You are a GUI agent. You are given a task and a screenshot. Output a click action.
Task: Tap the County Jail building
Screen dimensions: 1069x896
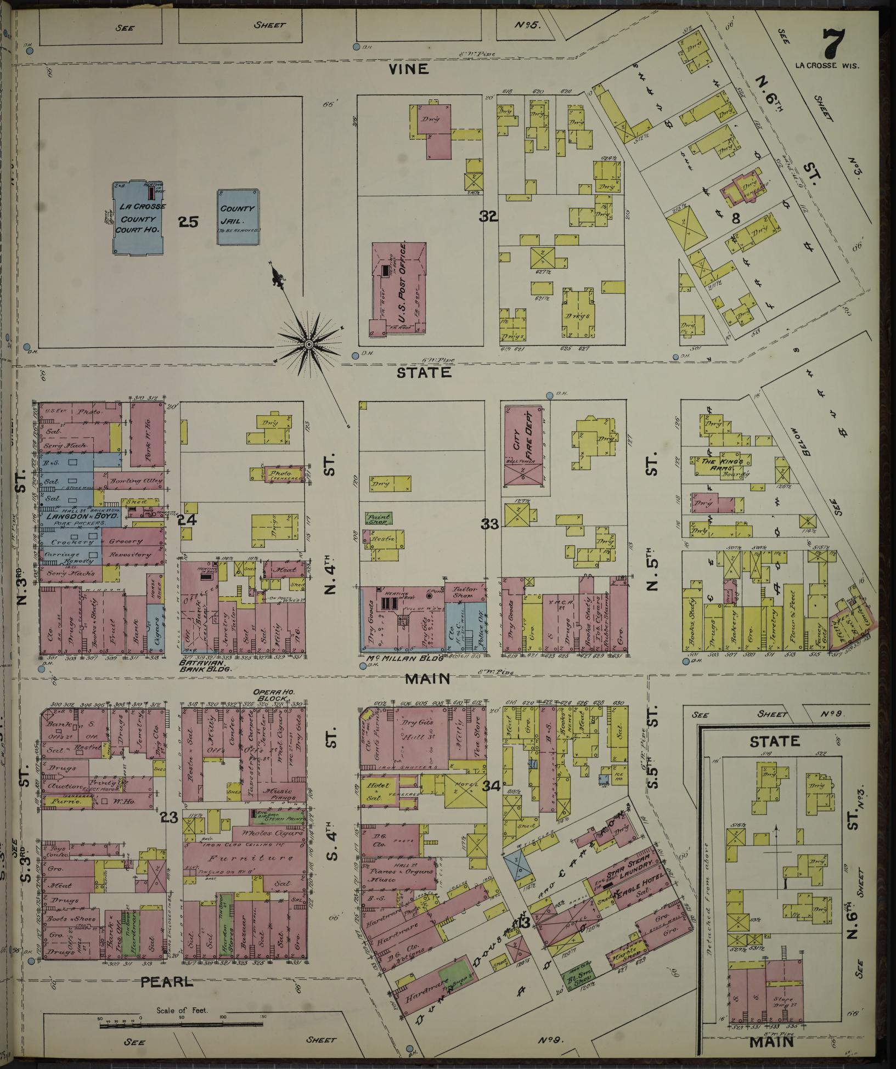237,217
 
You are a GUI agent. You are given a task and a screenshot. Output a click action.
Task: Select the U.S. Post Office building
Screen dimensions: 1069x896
399,288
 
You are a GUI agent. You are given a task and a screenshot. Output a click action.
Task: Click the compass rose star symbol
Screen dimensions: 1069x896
308,344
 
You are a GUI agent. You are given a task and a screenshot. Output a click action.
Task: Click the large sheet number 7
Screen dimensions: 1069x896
833,44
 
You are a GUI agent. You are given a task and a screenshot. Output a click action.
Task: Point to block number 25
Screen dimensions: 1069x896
187,222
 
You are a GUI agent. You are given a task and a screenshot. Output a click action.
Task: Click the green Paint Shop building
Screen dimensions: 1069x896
379,517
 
